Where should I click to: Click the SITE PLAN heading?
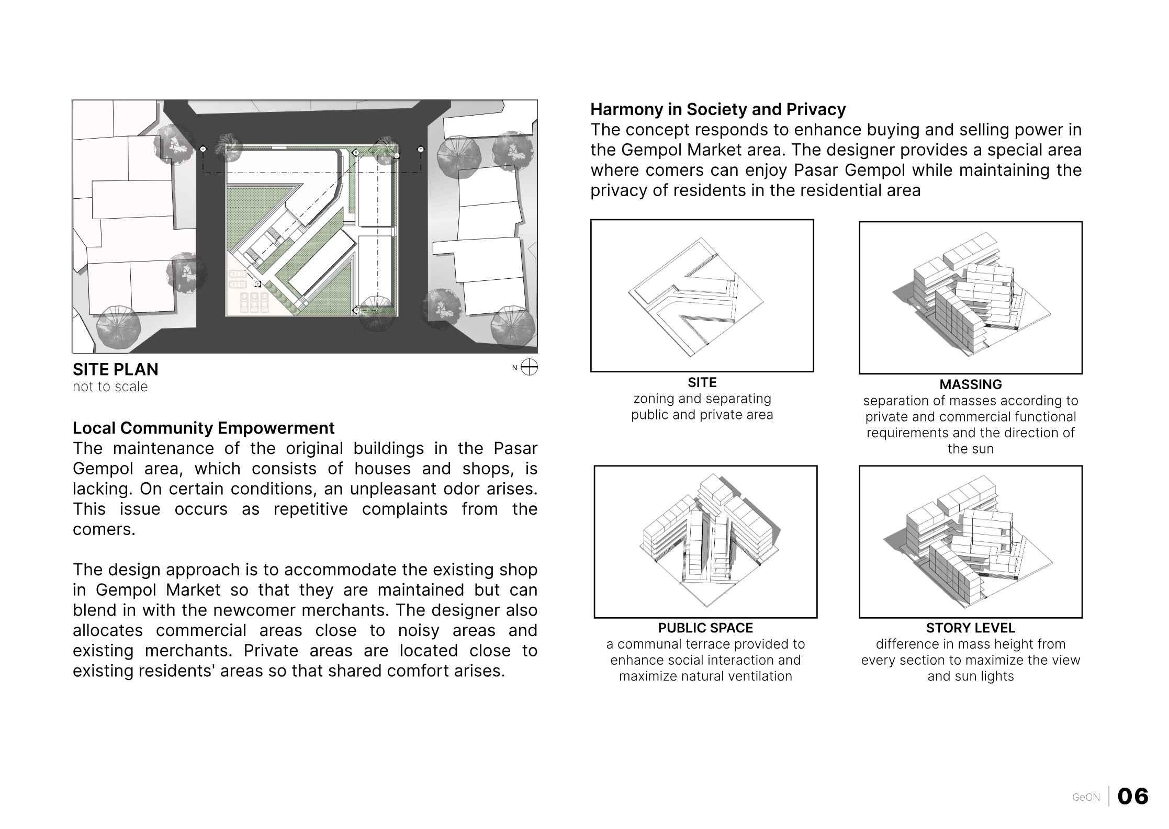[x=115, y=369]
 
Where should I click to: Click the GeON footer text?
[x=1086, y=798]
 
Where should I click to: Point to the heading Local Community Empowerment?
[x=204, y=428]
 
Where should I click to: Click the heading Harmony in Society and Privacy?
[x=718, y=109]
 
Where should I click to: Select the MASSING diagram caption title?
[x=970, y=384]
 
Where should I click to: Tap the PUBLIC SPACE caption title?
[x=705, y=628]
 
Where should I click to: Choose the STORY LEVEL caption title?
[x=970, y=628]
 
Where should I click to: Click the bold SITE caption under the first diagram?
[x=702, y=382]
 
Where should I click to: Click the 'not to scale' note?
[x=110, y=387]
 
